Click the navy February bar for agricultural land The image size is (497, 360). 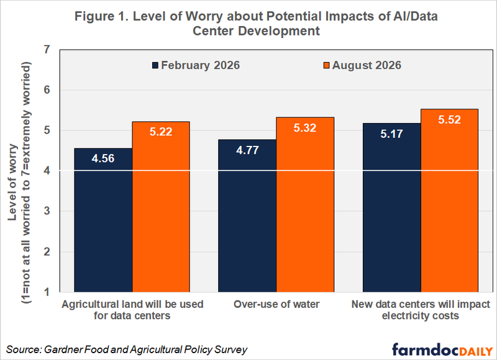tap(103, 220)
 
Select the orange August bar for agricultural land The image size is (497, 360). tap(161, 207)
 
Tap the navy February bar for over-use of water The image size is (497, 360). tap(247, 216)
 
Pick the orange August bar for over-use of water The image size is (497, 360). tap(305, 205)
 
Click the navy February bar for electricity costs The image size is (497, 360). tap(392, 208)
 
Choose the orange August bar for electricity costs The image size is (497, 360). tap(449, 200)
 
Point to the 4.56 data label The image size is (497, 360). tap(103, 158)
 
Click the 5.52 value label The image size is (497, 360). tap(449, 120)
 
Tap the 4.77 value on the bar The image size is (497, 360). tap(247, 150)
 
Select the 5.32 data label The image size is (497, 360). tap(305, 128)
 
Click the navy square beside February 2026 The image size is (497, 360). tap(155, 65)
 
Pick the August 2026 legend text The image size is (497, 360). tap(367, 65)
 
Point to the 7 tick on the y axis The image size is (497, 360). tap(47, 50)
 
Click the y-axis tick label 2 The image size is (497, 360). tap(47, 252)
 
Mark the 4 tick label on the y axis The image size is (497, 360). tap(47, 171)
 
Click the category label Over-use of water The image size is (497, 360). tap(276, 304)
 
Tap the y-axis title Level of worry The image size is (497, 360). tap(13, 182)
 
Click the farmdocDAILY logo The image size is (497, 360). tap(442, 349)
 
